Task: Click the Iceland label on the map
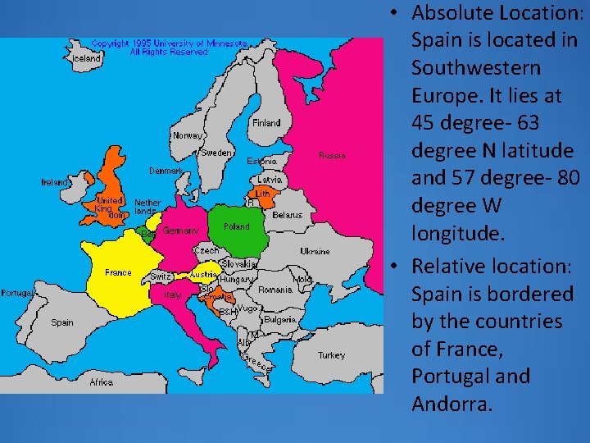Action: (88, 59)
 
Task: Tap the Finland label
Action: (266, 123)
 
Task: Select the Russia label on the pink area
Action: (332, 155)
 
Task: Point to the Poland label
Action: (237, 226)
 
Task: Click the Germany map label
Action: (180, 231)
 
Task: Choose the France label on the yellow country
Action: (118, 272)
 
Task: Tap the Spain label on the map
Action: (62, 322)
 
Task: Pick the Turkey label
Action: (332, 355)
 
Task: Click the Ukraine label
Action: (315, 251)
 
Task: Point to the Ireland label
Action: (55, 182)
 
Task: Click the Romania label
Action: (275, 290)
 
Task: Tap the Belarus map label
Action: (287, 215)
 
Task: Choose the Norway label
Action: (187, 135)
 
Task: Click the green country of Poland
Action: (246, 238)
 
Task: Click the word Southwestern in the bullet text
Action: (475, 68)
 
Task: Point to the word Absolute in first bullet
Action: (449, 13)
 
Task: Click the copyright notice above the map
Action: (169, 47)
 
